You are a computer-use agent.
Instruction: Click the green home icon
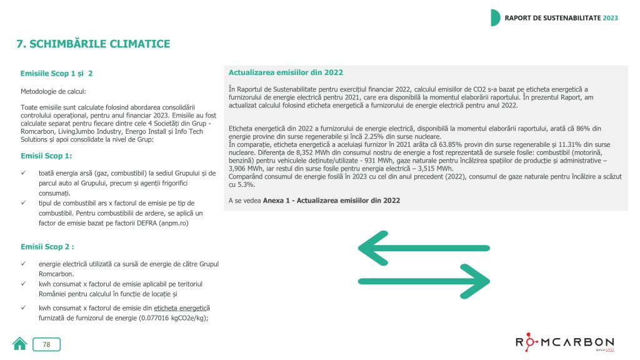(x=20, y=344)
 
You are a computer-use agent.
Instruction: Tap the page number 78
(x=47, y=344)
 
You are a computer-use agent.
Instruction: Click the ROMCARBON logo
(x=564, y=343)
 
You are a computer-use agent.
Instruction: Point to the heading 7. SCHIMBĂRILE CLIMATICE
(x=93, y=44)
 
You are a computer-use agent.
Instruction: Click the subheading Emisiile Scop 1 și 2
(x=57, y=74)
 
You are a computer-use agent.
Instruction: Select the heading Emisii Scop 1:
(x=46, y=156)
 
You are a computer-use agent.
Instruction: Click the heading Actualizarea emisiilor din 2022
(x=286, y=72)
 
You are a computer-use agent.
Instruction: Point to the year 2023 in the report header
(x=610, y=17)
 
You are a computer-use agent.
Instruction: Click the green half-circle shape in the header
(x=495, y=17)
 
